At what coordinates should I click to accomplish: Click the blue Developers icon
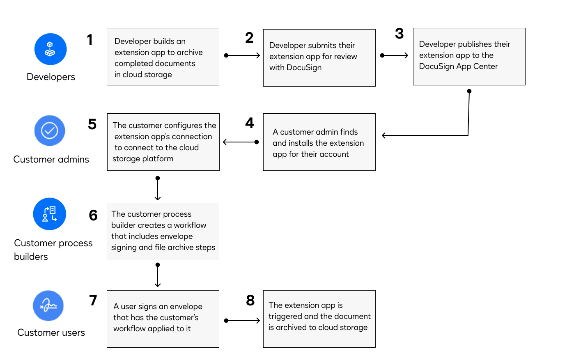(50, 49)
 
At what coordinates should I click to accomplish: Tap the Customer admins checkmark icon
(50, 131)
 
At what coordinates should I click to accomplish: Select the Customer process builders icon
(50, 214)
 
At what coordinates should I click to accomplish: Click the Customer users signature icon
(48, 306)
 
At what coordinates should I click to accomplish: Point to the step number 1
(90, 40)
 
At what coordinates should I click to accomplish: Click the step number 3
(399, 34)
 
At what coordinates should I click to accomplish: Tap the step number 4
(250, 123)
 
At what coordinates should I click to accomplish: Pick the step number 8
(250, 300)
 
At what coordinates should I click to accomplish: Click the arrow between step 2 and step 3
(394, 55)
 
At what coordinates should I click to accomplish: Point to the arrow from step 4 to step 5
(241, 142)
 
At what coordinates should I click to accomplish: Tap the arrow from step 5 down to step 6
(158, 189)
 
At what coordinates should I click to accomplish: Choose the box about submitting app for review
(319, 58)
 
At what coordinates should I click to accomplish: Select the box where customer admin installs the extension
(319, 142)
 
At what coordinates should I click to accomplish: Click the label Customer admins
(51, 159)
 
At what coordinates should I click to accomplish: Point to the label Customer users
(51, 332)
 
